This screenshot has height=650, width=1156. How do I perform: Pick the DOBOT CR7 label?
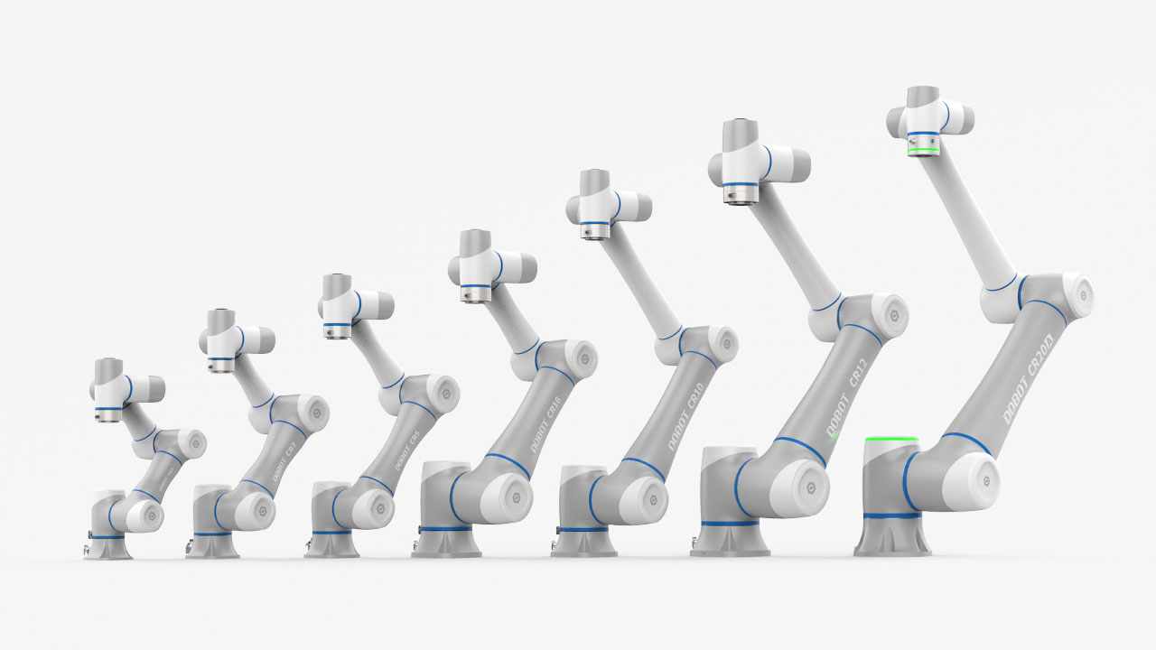pos(283,461)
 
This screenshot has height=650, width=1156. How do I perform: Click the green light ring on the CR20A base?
pos(891,440)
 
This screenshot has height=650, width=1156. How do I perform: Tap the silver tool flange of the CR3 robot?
pos(108,413)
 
